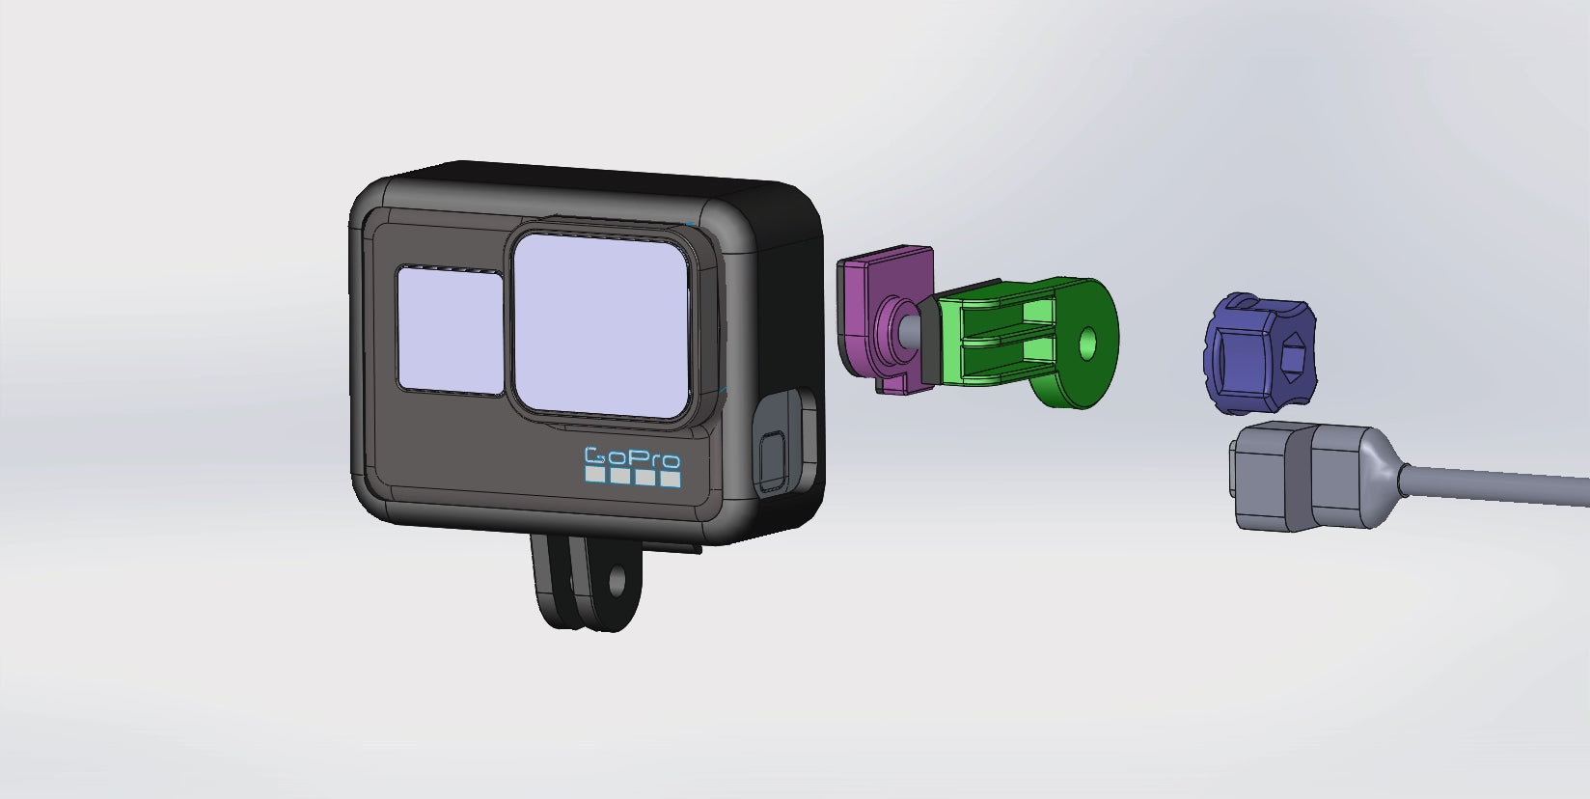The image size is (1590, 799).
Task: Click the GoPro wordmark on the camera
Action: point(632,457)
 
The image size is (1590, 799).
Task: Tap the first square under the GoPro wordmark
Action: point(595,474)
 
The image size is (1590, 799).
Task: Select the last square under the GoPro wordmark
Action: point(671,479)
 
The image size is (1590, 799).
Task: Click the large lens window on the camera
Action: point(601,325)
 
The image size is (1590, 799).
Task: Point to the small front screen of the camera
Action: point(451,330)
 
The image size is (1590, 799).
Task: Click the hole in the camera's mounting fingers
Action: point(616,580)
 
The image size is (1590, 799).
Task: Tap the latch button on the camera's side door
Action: point(772,460)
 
